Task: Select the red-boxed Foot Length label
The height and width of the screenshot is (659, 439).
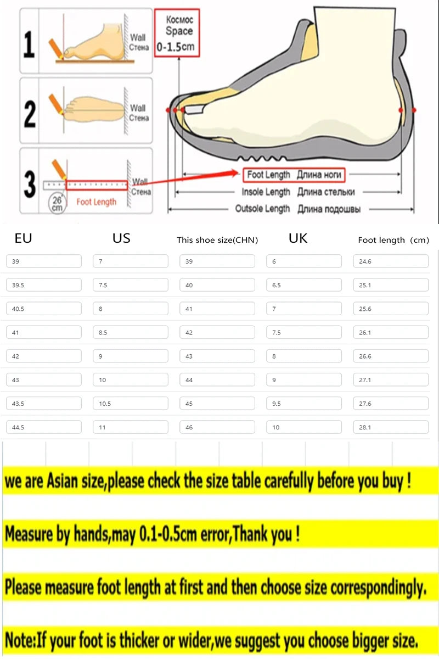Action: pos(294,175)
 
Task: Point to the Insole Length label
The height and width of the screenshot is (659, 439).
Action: pos(298,192)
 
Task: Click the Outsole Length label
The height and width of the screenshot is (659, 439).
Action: pos(302,209)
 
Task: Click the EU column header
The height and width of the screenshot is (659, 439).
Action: pos(24,238)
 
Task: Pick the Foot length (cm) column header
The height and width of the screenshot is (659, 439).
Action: pos(393,240)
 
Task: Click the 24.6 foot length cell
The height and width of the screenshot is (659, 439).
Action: pos(391,261)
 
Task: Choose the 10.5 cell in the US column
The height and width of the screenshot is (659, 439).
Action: pos(131,404)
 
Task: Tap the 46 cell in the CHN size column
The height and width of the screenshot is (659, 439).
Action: pos(217,427)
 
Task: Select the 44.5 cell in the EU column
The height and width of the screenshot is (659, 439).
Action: pos(44,427)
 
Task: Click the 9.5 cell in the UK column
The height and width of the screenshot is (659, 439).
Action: pos(304,404)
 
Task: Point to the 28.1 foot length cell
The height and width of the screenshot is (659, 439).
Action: pos(391,427)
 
